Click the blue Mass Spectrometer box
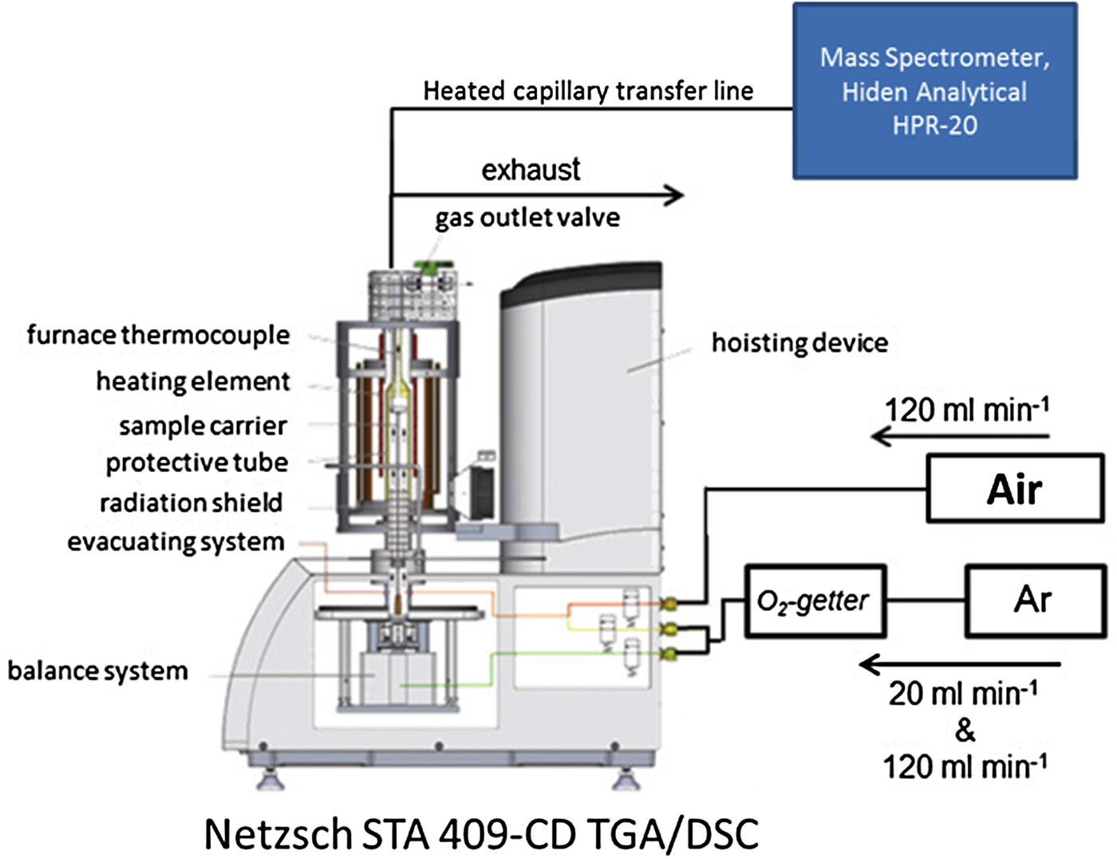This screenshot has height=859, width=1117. [x=934, y=92]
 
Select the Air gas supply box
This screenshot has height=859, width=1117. [x=1014, y=488]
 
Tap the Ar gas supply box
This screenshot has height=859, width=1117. [x=1035, y=600]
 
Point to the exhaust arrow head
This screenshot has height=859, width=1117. [x=675, y=195]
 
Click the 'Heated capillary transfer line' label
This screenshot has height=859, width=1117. [x=588, y=91]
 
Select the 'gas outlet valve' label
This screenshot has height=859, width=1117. [x=527, y=218]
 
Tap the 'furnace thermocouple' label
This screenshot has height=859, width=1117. [x=158, y=335]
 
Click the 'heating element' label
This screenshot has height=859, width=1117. [x=192, y=381]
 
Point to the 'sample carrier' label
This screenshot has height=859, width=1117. [x=203, y=426]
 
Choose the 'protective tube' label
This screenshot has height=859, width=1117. [x=196, y=463]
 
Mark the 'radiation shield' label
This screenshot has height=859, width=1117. [x=191, y=502]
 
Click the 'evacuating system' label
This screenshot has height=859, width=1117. [x=176, y=542]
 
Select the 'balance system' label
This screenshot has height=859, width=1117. [x=97, y=671]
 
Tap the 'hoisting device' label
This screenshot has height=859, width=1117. [x=799, y=343]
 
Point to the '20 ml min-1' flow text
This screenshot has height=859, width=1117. [x=963, y=693]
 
